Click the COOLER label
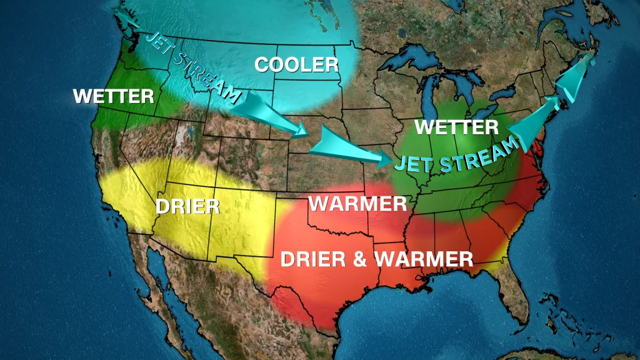296,64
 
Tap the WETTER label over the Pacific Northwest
113,97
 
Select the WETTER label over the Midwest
456,127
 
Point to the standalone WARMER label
357,204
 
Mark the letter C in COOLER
262,65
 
